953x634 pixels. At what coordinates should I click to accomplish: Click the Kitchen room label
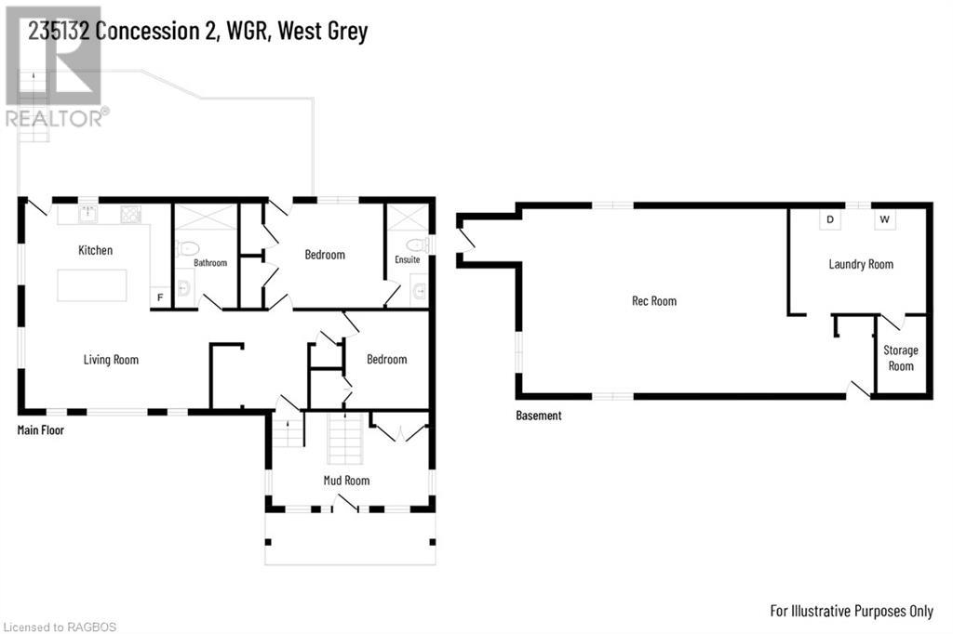95,250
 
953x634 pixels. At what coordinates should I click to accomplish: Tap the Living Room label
111,360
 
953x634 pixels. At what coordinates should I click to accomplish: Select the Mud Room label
346,481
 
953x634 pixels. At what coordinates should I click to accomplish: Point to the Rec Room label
653,301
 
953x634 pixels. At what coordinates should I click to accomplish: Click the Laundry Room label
861,264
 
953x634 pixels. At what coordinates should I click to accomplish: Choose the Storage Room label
901,358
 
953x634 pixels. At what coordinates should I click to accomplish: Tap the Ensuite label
407,260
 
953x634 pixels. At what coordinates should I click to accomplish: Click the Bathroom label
210,263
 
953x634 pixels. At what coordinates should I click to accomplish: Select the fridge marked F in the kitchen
160,297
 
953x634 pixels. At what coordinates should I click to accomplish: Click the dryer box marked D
829,220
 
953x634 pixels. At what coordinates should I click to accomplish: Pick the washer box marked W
885,220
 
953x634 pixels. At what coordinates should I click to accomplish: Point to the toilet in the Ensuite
419,245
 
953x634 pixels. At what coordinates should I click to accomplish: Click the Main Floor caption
41,430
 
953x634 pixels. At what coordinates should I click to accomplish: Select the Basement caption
539,416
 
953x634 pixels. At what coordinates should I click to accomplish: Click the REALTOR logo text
56,118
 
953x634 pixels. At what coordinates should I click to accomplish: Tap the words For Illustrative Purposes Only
852,611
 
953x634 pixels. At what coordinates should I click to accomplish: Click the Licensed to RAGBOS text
60,627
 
